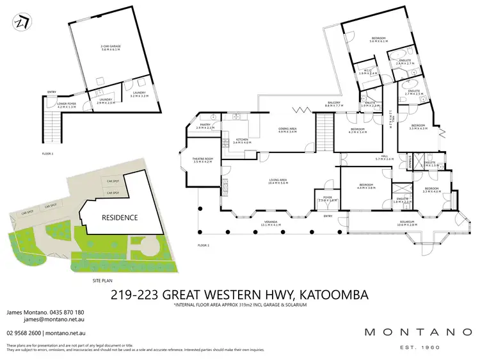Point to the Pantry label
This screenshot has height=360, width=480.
[205, 126]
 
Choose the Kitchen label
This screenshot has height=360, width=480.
[243, 140]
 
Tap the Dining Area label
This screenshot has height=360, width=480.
[287, 130]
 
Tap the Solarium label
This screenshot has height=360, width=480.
[407, 224]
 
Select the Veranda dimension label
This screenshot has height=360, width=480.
[273, 225]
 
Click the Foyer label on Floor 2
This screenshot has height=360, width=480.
[326, 199]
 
